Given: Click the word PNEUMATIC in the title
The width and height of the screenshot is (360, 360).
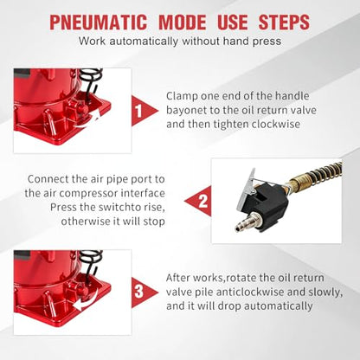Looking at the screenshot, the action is pyautogui.click(x=99, y=22).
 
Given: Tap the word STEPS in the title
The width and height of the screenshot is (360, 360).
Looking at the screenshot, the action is pyautogui.click(x=284, y=22).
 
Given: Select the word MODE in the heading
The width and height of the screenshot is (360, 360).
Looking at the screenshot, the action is pyautogui.click(x=183, y=22).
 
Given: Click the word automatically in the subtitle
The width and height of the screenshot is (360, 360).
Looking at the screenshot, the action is pyautogui.click(x=144, y=42).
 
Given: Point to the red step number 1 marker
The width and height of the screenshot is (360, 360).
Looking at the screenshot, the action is pyautogui.click(x=143, y=111).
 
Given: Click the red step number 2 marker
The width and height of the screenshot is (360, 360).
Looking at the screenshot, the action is pyautogui.click(x=200, y=201).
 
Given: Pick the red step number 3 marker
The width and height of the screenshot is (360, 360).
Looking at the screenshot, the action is pyautogui.click(x=143, y=292).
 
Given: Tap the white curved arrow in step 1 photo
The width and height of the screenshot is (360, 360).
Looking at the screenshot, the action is pyautogui.click(x=90, y=121).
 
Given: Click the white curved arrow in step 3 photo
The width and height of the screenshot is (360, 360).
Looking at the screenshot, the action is pyautogui.click(x=86, y=303).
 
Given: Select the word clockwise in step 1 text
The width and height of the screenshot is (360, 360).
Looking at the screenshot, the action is pyautogui.click(x=276, y=125).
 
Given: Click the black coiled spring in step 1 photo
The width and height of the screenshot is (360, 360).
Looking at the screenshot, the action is pyautogui.click(x=91, y=74).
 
